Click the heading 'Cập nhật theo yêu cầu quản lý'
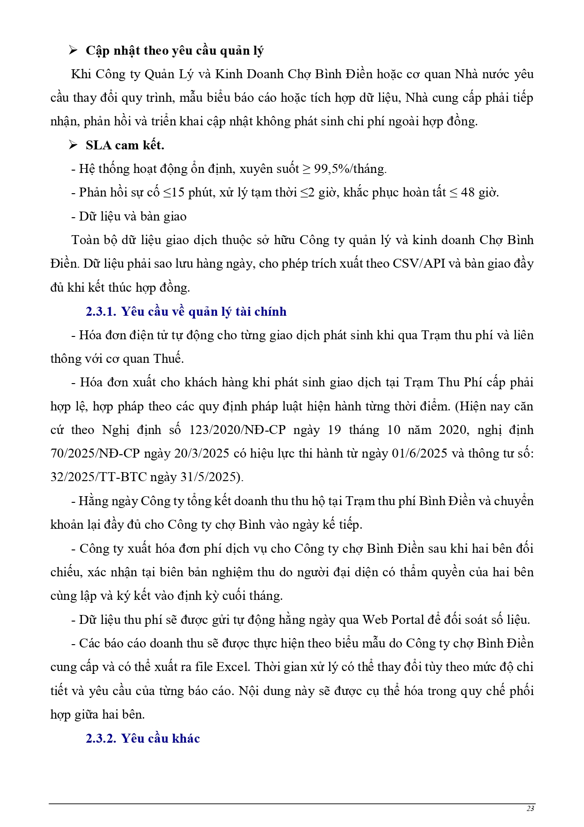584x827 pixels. point(174,50)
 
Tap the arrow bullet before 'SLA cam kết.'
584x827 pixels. point(73,145)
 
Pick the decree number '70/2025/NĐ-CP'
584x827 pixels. point(95,453)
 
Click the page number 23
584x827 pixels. point(530,809)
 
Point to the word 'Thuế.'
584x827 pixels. point(169,359)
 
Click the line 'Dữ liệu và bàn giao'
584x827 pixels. point(132,216)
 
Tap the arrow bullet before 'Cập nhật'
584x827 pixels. point(73,50)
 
